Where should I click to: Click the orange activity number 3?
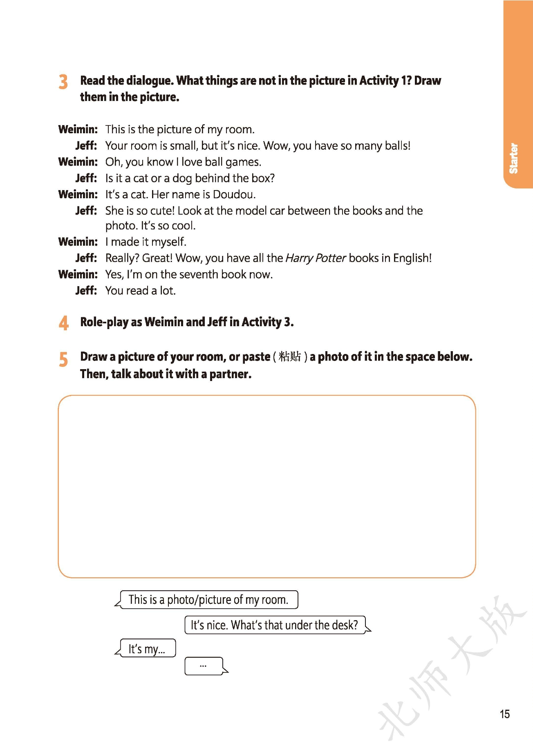[63, 82]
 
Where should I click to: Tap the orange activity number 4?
[63, 323]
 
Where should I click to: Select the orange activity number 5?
[63, 359]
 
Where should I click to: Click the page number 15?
[504, 714]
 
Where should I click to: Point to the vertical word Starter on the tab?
[513, 158]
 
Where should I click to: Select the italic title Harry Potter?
[316, 258]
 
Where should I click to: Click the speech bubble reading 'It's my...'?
[147, 649]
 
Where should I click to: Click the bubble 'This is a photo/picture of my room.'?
[208, 600]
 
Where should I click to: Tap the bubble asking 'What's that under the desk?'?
[274, 625]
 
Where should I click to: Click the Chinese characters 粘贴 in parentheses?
[290, 357]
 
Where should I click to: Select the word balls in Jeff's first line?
[397, 146]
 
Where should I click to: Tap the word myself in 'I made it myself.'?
[169, 242]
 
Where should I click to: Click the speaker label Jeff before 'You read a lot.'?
[86, 291]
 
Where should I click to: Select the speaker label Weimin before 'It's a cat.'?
[78, 195]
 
